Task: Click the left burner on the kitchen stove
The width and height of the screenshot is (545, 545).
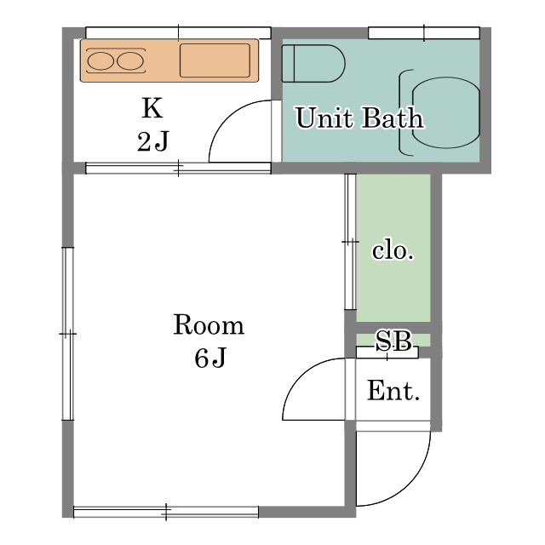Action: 100,60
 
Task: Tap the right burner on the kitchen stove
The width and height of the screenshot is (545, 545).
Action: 130,60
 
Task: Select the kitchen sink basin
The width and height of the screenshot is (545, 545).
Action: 215,60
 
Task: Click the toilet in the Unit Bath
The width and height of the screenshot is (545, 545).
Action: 313,63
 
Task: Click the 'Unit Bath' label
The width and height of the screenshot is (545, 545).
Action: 359,118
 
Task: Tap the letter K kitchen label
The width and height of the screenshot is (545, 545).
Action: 152,108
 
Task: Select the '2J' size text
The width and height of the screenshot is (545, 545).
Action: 152,141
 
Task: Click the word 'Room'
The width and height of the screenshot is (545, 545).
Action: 209,324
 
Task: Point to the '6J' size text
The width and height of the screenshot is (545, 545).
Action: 210,358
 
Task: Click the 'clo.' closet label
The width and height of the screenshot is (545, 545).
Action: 393,250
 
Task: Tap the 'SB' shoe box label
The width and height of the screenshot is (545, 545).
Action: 393,341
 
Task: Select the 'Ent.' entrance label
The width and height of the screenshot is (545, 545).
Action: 393,391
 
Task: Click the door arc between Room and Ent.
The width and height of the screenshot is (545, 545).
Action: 301,376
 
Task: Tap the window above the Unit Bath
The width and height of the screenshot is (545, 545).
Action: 424,33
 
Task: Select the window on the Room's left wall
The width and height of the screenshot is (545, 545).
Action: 68,334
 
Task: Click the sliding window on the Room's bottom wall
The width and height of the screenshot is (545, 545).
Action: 166,512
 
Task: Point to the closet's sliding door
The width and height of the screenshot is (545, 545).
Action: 350,242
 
